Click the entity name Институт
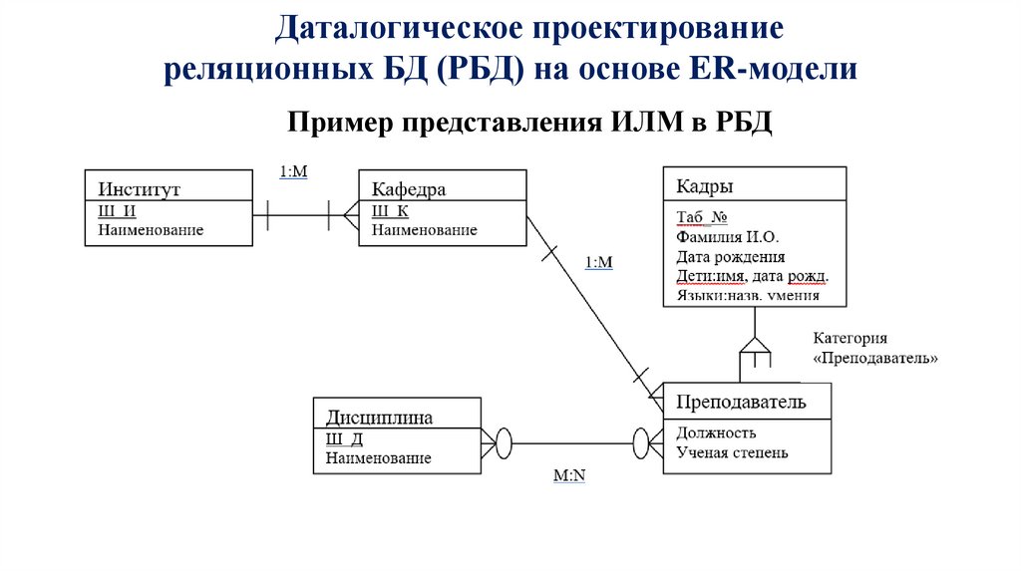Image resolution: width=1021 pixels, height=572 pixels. (x=139, y=189)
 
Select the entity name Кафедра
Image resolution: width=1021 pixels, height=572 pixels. (x=409, y=189)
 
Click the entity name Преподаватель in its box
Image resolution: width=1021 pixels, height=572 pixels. (x=741, y=402)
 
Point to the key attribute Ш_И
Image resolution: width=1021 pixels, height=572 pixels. (x=117, y=211)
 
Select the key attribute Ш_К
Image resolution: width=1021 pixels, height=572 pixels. (x=390, y=211)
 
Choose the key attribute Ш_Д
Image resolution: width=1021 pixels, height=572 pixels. (x=344, y=439)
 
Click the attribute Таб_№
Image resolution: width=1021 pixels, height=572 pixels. (x=703, y=218)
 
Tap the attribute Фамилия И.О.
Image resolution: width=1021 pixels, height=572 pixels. (x=727, y=237)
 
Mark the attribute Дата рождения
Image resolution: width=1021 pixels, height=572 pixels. (x=730, y=256)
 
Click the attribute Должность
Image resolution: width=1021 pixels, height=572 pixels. (x=716, y=432)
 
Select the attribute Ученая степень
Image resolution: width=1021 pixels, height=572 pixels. (x=732, y=452)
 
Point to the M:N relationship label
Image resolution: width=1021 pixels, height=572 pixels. (x=569, y=476)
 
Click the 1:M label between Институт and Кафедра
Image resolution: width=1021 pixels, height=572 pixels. (x=293, y=171)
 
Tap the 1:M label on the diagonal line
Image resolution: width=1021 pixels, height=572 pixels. (x=598, y=262)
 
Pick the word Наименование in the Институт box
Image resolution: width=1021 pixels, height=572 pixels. (x=151, y=230)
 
